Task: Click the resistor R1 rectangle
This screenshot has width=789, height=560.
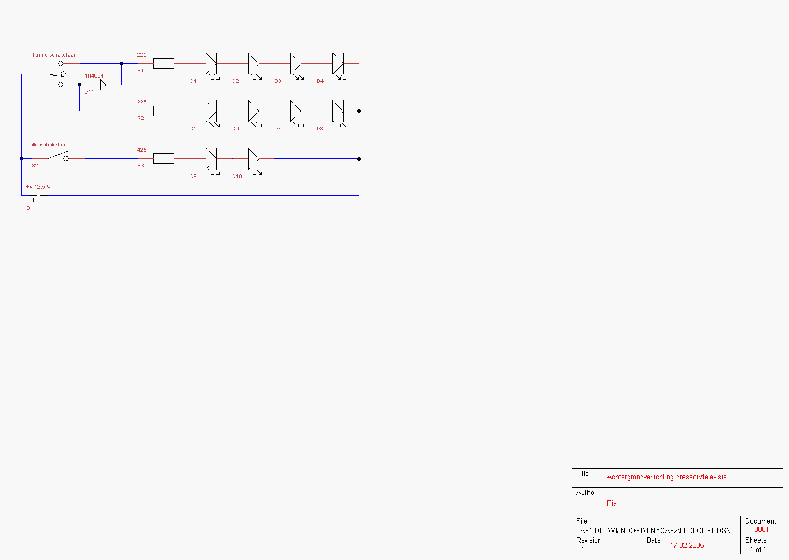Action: point(164,63)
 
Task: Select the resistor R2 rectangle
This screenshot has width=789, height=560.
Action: point(164,111)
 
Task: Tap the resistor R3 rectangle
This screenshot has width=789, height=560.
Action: point(164,158)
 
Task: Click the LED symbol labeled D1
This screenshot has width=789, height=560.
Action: point(212,66)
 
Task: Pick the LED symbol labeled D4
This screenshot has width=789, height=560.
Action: point(339,66)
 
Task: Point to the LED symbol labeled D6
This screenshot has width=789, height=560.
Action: point(255,114)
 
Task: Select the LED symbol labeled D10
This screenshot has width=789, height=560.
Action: point(255,162)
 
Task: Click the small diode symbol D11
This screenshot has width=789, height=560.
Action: point(103,85)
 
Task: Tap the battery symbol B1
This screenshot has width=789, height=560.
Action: point(37,196)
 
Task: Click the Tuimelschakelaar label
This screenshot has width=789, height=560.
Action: point(54,54)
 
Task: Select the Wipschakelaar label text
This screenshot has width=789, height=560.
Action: point(49,145)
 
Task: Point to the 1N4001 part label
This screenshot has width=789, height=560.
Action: point(94,76)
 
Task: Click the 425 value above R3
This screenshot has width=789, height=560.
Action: point(141,150)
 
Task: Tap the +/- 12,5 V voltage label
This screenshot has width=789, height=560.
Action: point(39,187)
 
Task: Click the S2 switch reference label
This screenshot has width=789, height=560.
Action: point(35,166)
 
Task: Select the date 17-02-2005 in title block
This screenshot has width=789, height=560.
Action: point(687,546)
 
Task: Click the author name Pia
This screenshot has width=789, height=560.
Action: point(612,503)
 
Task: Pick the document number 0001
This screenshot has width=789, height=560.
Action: point(762,530)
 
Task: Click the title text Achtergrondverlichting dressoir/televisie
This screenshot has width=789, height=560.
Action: point(667,477)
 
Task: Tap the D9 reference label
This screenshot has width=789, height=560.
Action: point(193,176)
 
